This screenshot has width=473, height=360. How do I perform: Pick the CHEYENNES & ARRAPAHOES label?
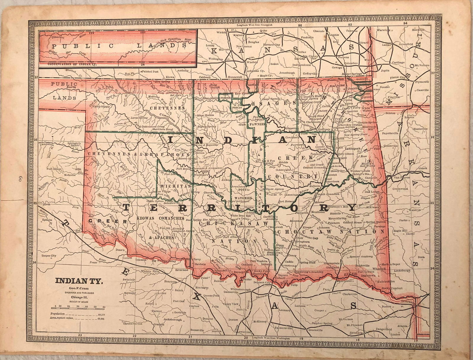tap(138, 154)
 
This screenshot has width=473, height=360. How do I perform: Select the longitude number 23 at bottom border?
tap(80, 335)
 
